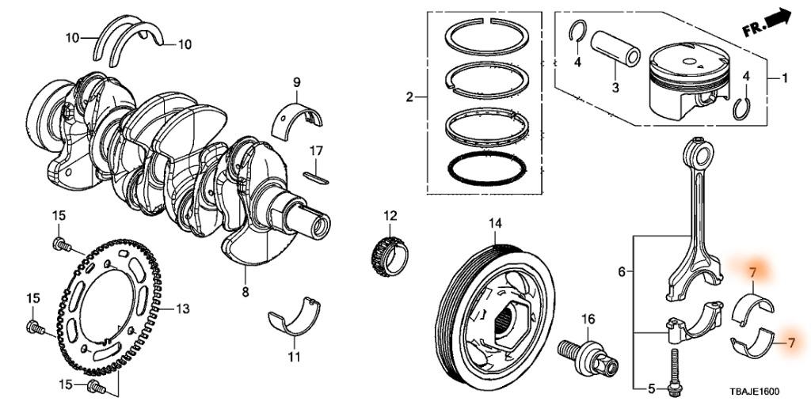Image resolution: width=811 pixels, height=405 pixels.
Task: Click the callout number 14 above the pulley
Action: (495, 224)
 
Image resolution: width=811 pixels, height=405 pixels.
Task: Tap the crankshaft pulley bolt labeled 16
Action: (583, 354)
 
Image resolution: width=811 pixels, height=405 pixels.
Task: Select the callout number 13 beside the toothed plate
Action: (183, 308)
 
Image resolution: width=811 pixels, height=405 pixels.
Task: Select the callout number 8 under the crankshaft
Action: (245, 293)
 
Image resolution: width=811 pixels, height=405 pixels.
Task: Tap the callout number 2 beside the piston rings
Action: (409, 97)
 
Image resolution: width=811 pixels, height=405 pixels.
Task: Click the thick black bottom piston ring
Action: (487, 167)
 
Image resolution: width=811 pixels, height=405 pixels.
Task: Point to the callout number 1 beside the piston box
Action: (785, 78)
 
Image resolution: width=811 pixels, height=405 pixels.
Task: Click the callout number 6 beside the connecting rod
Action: (623, 272)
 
